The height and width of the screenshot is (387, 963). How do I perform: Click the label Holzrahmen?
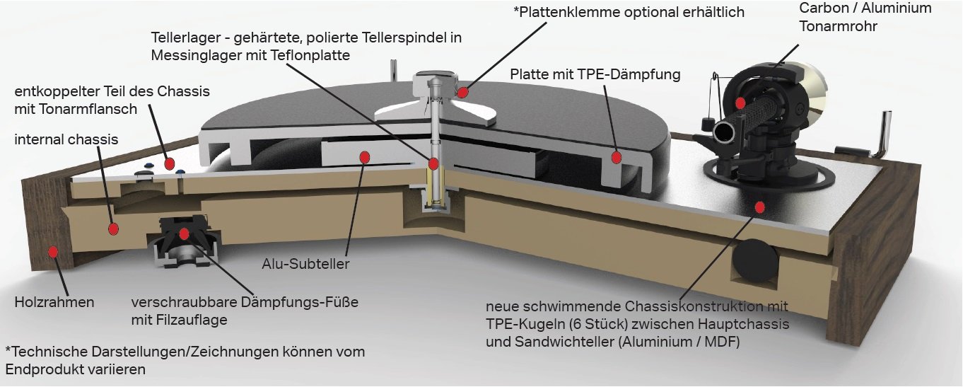54,302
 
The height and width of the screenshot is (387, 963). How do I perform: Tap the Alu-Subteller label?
305,264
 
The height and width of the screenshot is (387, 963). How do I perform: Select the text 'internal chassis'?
66,139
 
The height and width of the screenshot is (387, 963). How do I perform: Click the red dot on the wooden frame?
53,252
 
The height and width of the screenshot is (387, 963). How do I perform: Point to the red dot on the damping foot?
184,234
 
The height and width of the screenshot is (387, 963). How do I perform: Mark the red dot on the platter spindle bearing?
433,164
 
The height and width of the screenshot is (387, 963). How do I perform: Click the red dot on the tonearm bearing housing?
740,103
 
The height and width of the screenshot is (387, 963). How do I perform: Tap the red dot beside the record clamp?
462,93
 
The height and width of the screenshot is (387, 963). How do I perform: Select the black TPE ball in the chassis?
755,261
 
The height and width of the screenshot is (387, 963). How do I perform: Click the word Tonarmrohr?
838,26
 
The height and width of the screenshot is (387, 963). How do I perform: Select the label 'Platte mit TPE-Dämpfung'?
595,74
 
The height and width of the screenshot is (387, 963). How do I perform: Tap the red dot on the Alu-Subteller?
365,158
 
